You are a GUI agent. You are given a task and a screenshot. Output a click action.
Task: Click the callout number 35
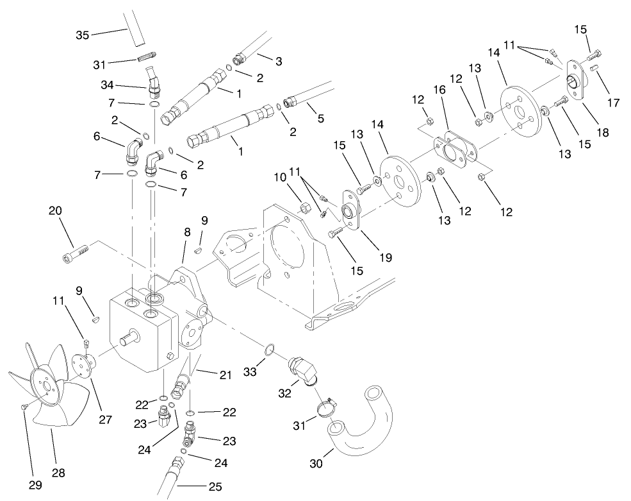(x=83, y=35)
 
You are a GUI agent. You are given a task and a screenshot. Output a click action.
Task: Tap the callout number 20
(x=55, y=210)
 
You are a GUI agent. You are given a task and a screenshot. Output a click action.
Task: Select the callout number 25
(x=215, y=488)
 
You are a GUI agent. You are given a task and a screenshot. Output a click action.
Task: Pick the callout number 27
(x=105, y=420)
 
